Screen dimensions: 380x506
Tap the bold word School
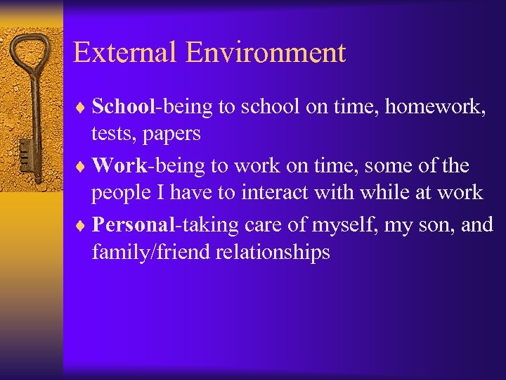pos(123,106)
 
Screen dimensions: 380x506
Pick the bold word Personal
pos(133,225)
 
